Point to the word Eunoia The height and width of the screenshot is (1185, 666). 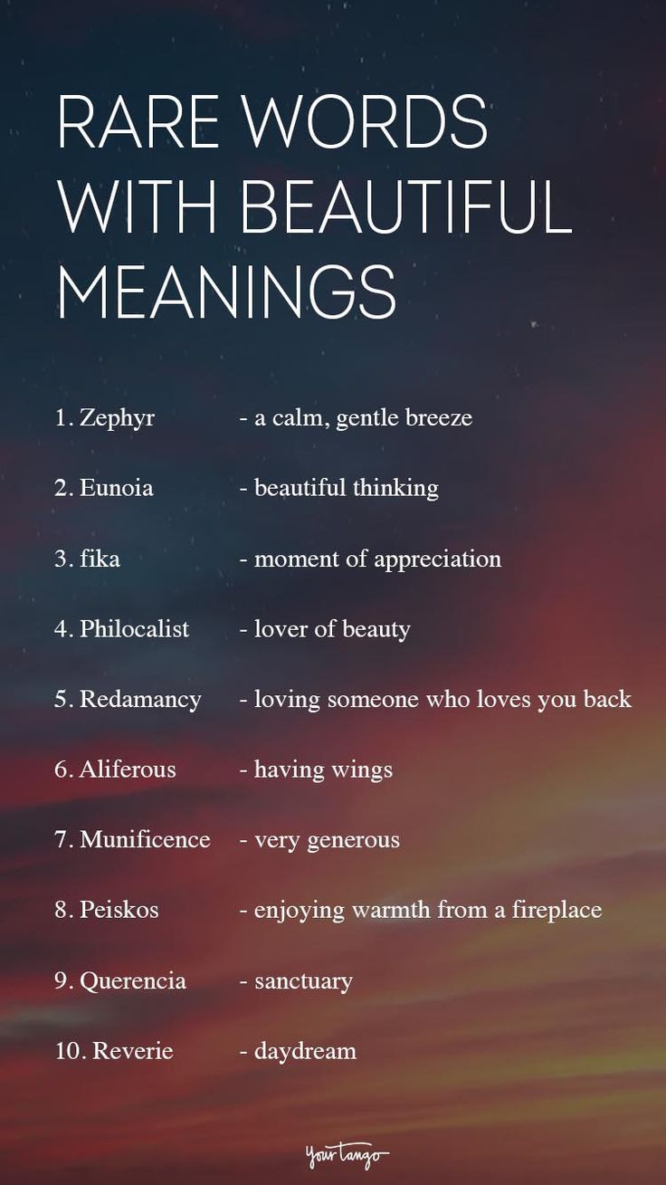coord(117,488)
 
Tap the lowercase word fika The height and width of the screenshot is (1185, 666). coord(100,559)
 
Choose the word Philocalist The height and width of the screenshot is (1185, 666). coord(135,628)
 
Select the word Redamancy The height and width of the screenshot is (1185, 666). coord(140,699)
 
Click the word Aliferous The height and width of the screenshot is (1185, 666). coord(128,769)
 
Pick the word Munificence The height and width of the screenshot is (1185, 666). coord(145,839)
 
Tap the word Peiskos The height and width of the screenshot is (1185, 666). coord(119,910)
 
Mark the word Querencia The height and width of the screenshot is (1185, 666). coord(133,980)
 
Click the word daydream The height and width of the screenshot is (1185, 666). coord(305,1051)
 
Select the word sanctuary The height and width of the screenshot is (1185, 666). coord(303,980)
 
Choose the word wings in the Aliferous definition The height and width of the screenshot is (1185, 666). coord(361,769)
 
